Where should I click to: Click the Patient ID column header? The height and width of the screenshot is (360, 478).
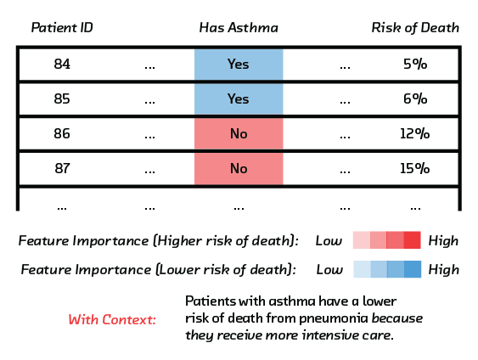click(x=62, y=28)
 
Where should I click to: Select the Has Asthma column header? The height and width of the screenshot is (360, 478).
click(x=239, y=28)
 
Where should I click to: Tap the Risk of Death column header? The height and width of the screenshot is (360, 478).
click(x=415, y=28)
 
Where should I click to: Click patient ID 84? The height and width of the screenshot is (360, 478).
click(x=62, y=64)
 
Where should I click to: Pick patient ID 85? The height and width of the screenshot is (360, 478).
click(x=62, y=98)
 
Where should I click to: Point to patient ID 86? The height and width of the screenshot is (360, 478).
click(x=62, y=133)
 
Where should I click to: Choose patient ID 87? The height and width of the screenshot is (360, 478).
click(x=62, y=168)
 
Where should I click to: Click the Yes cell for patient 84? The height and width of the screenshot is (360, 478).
click(x=239, y=65)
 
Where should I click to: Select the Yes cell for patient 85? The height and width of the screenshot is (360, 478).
click(x=239, y=99)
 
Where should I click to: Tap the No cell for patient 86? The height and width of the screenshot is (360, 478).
click(x=239, y=134)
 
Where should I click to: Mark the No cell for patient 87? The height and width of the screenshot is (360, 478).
click(x=239, y=169)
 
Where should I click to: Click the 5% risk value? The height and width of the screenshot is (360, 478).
click(x=415, y=64)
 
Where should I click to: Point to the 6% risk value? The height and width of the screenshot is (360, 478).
click(x=415, y=98)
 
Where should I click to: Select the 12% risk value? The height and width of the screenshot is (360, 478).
click(x=415, y=133)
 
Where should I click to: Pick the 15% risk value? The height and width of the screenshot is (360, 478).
click(x=415, y=168)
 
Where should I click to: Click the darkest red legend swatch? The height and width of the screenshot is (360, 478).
click(x=413, y=240)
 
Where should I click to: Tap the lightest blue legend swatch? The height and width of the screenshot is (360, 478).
click(x=363, y=269)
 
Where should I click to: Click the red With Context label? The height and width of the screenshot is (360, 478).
click(x=112, y=319)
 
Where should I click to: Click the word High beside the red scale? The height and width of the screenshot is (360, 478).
click(x=443, y=241)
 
